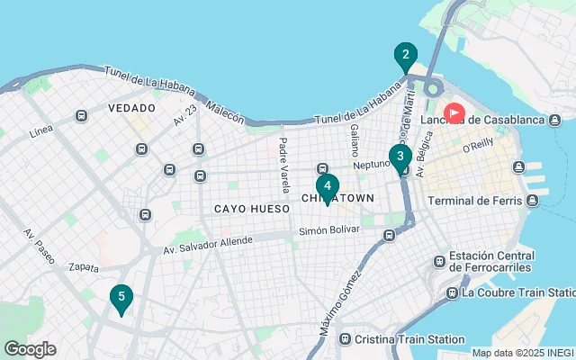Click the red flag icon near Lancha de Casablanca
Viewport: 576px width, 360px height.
tap(454, 113)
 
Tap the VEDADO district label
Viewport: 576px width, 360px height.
tap(131, 108)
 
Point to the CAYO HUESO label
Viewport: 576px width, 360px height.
tap(251, 209)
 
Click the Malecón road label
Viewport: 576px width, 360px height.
tap(224, 112)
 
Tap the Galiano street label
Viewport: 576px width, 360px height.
tap(354, 140)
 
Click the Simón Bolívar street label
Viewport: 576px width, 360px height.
tap(328, 231)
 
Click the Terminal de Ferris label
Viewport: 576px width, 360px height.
tap(474, 200)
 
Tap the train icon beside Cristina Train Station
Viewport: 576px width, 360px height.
tap(345, 338)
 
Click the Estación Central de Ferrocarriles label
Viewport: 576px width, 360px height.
tap(492, 262)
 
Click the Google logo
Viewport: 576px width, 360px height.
tap(30, 349)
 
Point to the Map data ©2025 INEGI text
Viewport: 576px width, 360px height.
tap(521, 353)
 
